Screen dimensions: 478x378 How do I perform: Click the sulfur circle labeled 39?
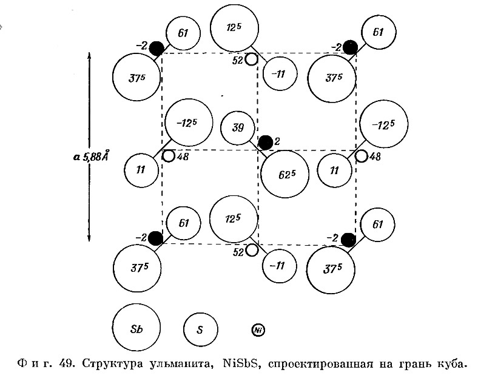pyautogui.click(x=237, y=128)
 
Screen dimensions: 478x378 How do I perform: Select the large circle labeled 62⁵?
pyautogui.click(x=285, y=174)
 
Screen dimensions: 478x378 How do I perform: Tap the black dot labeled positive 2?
pyautogui.click(x=266, y=143)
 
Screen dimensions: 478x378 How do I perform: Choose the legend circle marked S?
pyautogui.click(x=201, y=329)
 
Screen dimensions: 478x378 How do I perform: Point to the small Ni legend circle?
pyautogui.click(x=258, y=330)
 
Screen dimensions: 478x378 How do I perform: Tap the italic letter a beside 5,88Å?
pyautogui.click(x=77, y=157)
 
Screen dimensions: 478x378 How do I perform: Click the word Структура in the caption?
pyautogui.click(x=112, y=363)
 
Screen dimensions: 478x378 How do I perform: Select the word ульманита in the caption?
pyautogui.click(x=182, y=364)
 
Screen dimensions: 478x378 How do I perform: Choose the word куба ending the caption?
pyautogui.click(x=452, y=364)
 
